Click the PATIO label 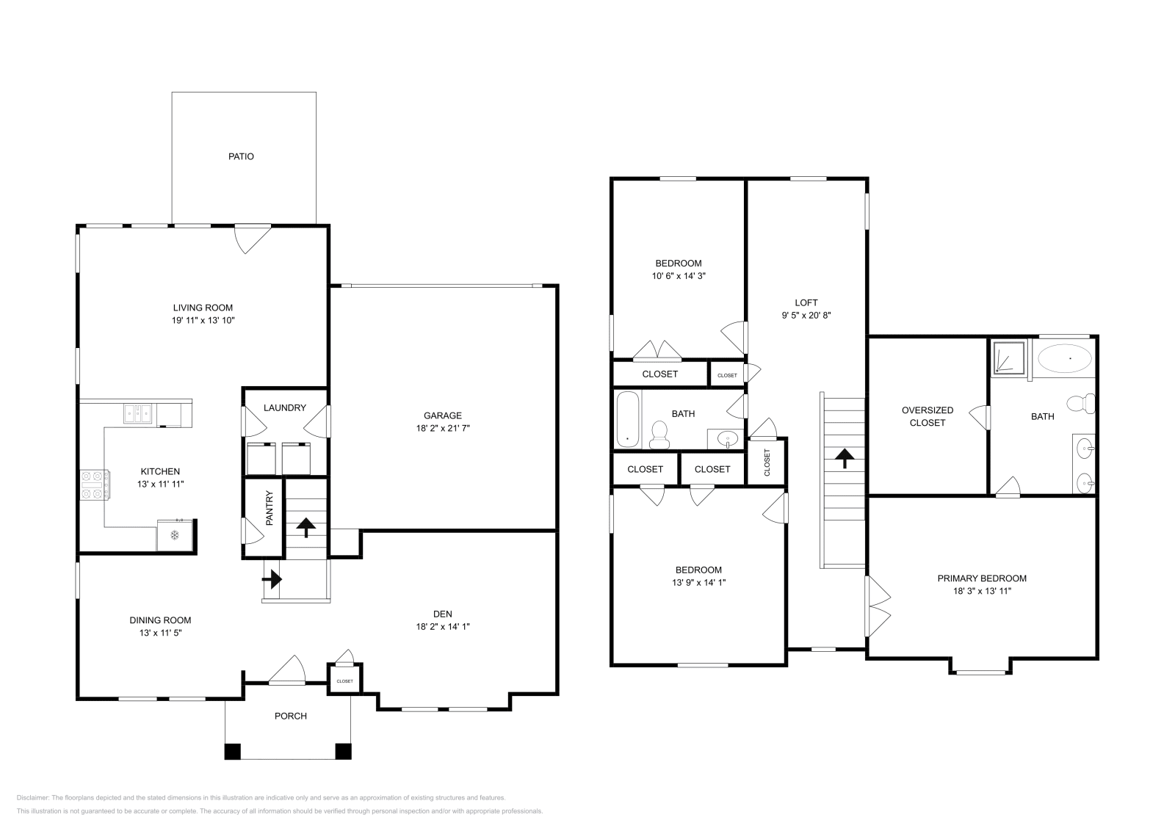coord(241,156)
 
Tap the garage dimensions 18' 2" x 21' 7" coord(442,428)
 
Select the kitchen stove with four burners coord(95,485)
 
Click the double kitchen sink coord(139,414)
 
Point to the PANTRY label coord(269,508)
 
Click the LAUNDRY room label coord(284,407)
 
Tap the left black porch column coord(233,752)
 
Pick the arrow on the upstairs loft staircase coord(845,459)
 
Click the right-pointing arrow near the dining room coord(272,579)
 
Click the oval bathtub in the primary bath coord(1064,358)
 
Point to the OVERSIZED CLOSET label coord(927,416)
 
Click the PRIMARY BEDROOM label coord(982,578)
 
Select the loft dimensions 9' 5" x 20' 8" coord(806,315)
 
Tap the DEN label coord(442,614)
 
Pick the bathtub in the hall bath coord(628,420)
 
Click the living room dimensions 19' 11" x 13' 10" coord(203,321)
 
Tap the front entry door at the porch coord(287,671)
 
